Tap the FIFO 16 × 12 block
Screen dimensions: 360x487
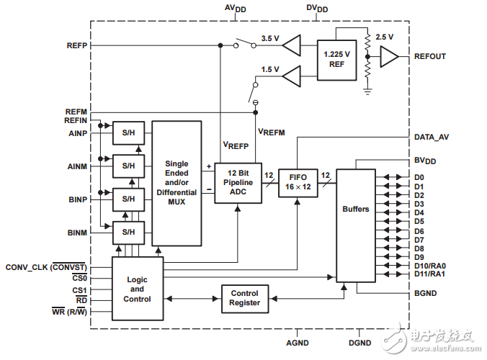[x=298, y=180]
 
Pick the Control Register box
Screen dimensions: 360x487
[x=244, y=298]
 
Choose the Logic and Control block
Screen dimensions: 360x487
[x=137, y=288]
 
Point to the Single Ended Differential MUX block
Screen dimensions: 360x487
[x=177, y=183]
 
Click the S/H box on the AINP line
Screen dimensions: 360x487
[x=128, y=132]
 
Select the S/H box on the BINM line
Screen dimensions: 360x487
[x=128, y=232]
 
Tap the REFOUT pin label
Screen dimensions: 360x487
[x=430, y=56]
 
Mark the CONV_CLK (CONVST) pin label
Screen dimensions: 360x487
[x=46, y=267]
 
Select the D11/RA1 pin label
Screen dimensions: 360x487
[x=429, y=274]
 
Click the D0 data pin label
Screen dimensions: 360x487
[x=419, y=177]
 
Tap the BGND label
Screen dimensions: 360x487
[x=426, y=293]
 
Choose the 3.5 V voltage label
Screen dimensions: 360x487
[x=270, y=38]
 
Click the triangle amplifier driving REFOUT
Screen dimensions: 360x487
[x=389, y=56]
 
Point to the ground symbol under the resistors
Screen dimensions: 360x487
[x=368, y=91]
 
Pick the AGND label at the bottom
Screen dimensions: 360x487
[x=298, y=344]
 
